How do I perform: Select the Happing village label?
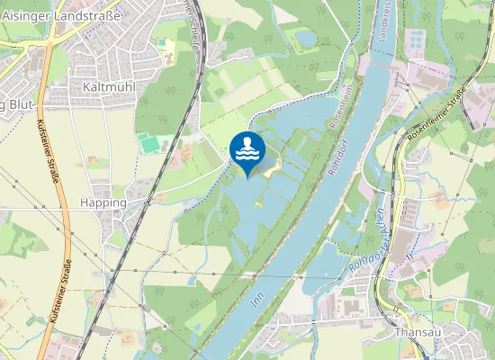(x=103, y=202)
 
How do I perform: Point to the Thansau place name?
(x=416, y=331)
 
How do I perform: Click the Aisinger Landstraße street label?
(x=57, y=15)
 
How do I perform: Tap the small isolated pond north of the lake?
(x=307, y=39)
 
